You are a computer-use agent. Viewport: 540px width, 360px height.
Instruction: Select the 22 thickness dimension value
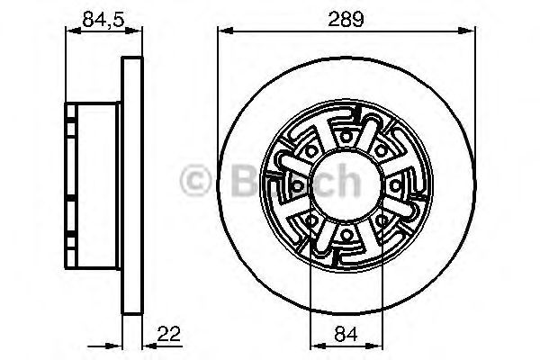[168, 335]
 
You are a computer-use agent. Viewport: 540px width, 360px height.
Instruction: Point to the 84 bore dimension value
[346, 335]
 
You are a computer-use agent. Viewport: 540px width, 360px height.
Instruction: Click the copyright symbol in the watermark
[195, 183]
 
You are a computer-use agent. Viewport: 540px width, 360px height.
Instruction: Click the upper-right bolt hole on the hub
[382, 148]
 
